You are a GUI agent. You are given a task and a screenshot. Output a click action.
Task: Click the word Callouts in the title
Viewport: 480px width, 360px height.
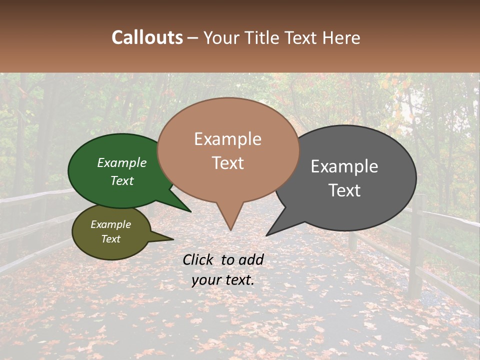click(147, 37)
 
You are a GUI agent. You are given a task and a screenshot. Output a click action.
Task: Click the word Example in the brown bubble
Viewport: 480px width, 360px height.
click(227, 139)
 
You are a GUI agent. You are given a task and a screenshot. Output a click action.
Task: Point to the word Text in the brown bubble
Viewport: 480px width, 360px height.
click(227, 163)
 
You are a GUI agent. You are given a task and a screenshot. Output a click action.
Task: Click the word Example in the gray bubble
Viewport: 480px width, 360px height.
click(344, 166)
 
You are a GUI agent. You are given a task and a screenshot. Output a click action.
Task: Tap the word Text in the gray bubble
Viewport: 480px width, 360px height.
click(344, 190)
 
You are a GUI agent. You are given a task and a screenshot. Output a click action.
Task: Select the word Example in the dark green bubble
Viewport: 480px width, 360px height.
click(122, 162)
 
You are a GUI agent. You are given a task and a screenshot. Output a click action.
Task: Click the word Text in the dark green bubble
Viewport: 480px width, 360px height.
click(122, 180)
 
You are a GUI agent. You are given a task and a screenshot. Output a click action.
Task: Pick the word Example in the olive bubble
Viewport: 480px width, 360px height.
click(110, 224)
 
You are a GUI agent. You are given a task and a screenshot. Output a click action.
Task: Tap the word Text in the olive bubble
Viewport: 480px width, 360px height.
click(110, 239)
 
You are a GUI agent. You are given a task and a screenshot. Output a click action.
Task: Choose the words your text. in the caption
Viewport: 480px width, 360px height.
click(223, 280)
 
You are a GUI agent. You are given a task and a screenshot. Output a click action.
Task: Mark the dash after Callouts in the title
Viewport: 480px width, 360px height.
click(193, 38)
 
